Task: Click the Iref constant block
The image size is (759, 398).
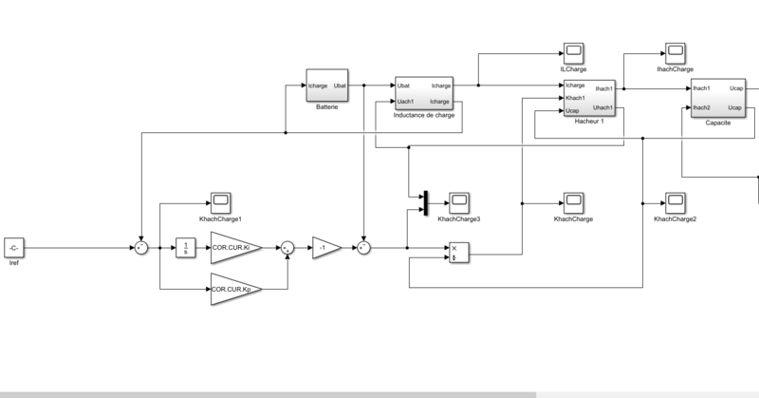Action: click(x=13, y=247)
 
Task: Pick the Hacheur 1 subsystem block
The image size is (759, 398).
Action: click(x=588, y=99)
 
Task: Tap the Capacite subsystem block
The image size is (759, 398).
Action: click(x=717, y=99)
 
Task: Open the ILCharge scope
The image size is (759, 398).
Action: click(x=573, y=52)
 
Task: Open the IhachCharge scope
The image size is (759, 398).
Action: click(x=674, y=52)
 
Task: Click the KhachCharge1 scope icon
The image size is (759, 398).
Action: click(x=220, y=201)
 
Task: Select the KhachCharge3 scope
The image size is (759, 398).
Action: click(x=458, y=201)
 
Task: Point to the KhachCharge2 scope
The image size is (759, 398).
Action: click(x=675, y=201)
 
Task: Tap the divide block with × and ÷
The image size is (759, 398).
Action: click(x=458, y=253)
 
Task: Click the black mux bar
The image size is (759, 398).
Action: click(x=425, y=201)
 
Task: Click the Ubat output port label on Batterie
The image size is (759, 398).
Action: click(x=341, y=86)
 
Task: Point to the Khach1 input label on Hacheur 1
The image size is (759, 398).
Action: click(x=575, y=98)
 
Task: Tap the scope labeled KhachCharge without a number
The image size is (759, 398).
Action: click(x=573, y=201)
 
